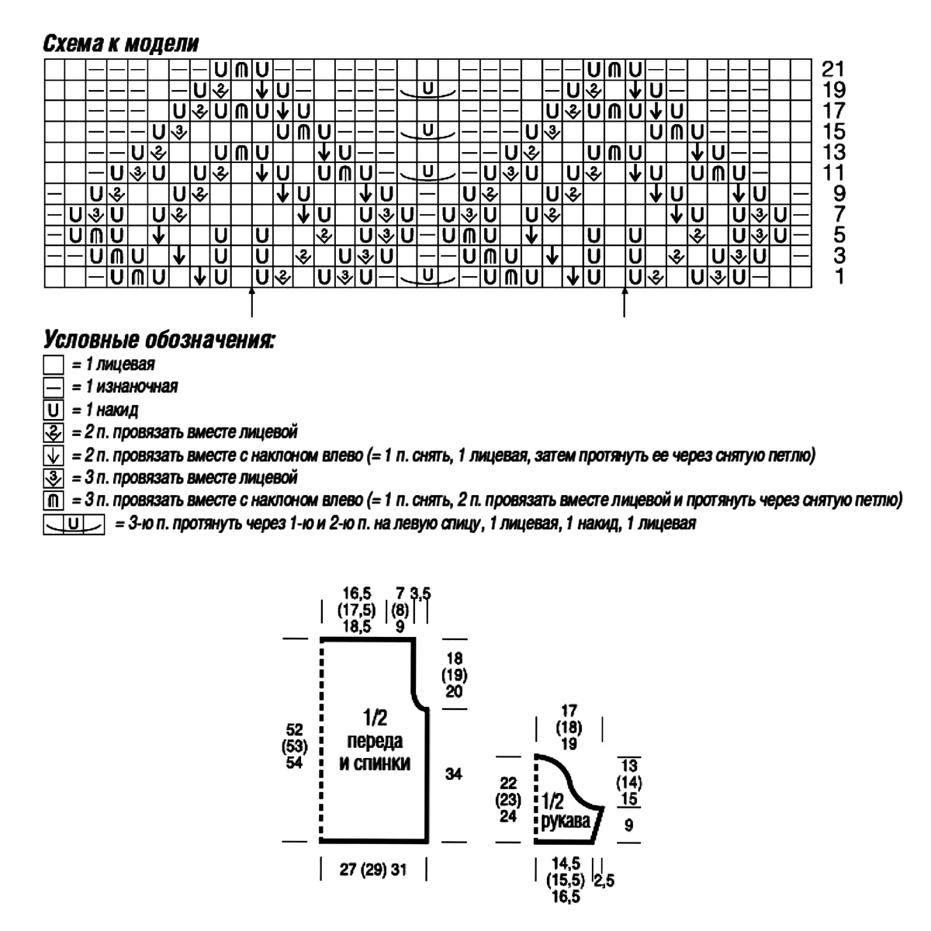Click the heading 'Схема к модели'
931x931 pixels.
[120, 43]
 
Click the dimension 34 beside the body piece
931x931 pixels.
[454, 774]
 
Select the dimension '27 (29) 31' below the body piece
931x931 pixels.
[372, 870]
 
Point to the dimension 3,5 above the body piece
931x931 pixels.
[421, 594]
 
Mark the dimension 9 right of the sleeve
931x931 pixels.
[628, 825]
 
